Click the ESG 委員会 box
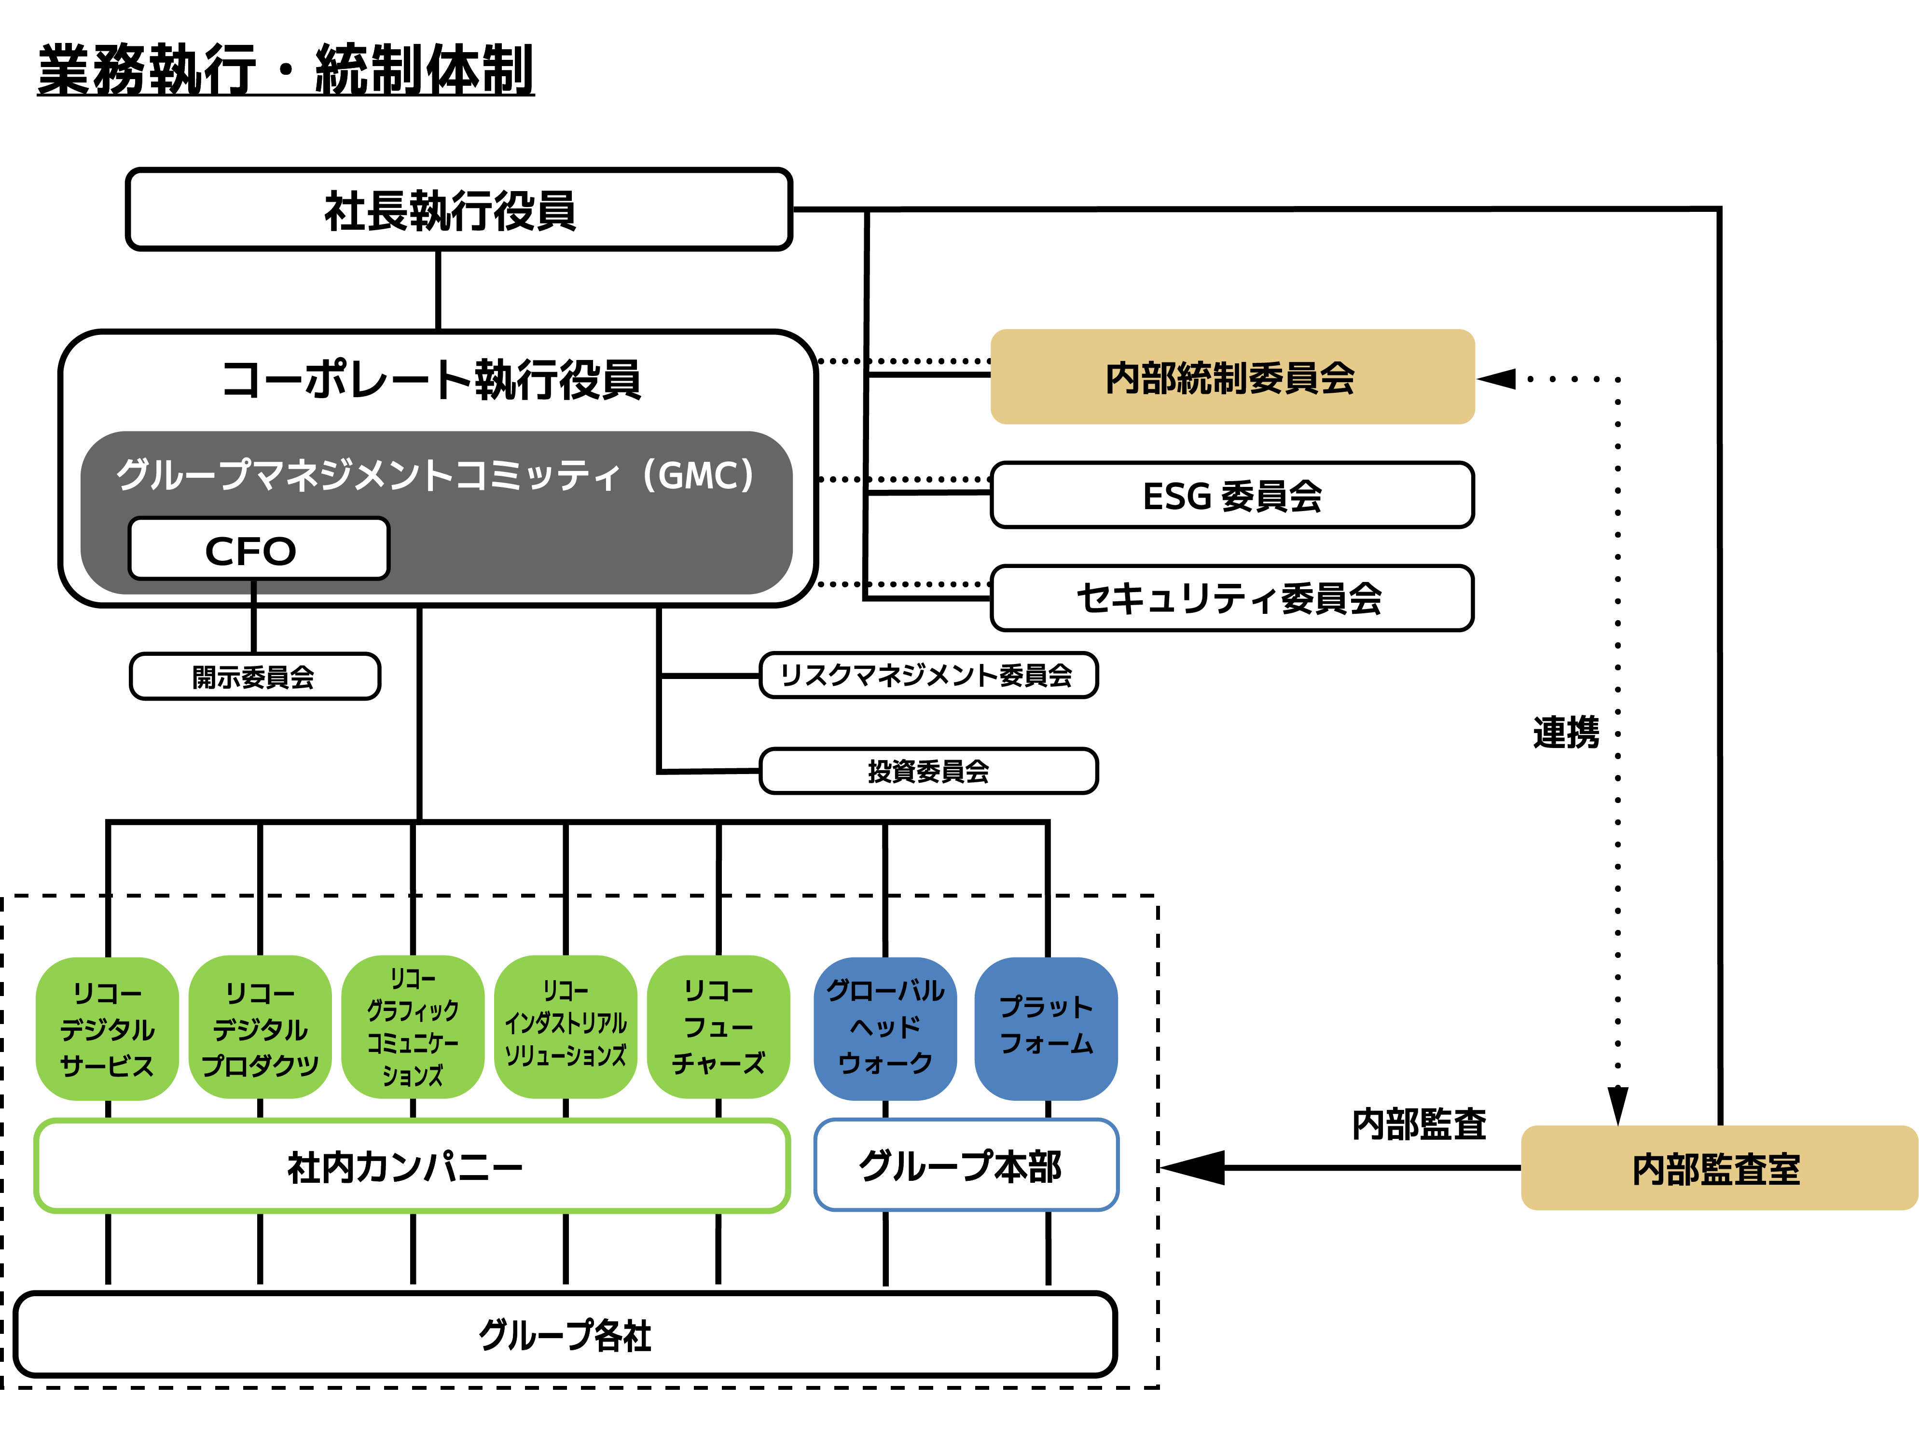click(1232, 495)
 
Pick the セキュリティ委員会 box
click(1232, 598)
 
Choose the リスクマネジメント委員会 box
click(928, 675)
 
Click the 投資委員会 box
click(928, 770)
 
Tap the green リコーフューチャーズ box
click(718, 1027)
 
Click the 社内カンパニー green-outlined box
click(411, 1166)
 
